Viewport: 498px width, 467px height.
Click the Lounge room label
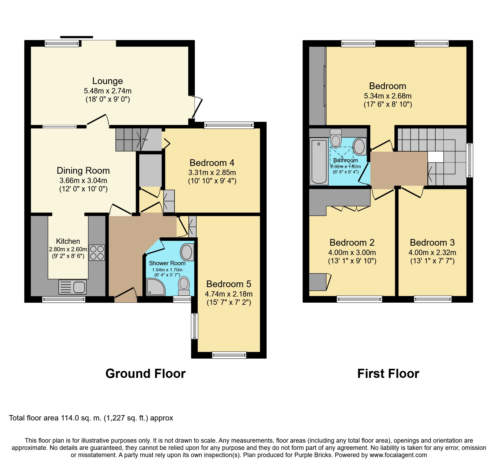pyautogui.click(x=108, y=81)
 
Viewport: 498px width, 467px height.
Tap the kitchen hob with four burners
pyautogui.click(x=97, y=253)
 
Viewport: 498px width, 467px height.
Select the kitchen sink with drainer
pyautogui.click(x=73, y=287)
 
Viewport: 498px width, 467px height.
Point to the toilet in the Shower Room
pyautogui.click(x=184, y=286)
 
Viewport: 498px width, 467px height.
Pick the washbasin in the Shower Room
pyautogui.click(x=187, y=252)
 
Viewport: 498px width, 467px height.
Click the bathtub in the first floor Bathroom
pyautogui.click(x=319, y=161)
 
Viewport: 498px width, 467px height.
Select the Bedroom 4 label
pyautogui.click(x=212, y=163)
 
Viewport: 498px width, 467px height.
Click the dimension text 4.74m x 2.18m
pyautogui.click(x=229, y=294)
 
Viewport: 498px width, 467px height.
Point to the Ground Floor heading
pyautogui.click(x=145, y=374)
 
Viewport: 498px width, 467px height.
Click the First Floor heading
pyautogui.click(x=388, y=374)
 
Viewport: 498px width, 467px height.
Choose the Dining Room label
pyautogui.click(x=83, y=170)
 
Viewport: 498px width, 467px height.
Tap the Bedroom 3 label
pyautogui.click(x=432, y=242)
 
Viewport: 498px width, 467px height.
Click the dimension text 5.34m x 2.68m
pyautogui.click(x=388, y=96)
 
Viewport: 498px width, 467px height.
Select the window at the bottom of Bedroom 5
pyautogui.click(x=229, y=355)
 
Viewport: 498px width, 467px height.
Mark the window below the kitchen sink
pyautogui.click(x=63, y=299)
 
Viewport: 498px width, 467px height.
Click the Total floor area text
pyautogui.click(x=91, y=418)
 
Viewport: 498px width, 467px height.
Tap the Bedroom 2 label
pyautogui.click(x=352, y=242)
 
